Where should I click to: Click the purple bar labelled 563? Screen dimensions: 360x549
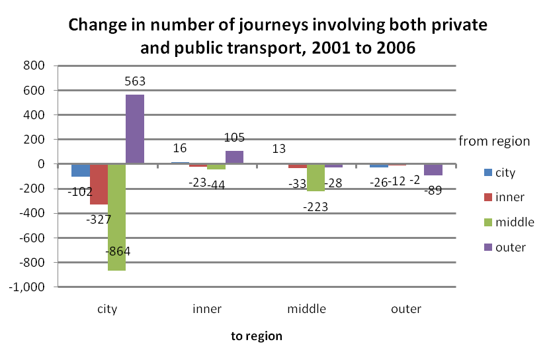(134, 129)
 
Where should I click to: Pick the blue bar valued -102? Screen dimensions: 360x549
(81, 170)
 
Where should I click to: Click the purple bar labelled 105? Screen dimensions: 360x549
(234, 157)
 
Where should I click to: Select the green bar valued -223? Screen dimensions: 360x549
(316, 177)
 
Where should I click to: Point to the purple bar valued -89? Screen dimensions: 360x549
(433, 169)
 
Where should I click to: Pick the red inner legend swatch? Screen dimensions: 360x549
(488, 198)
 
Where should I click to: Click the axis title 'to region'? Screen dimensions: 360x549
(257, 336)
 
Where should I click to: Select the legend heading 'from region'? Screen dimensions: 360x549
(495, 141)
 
